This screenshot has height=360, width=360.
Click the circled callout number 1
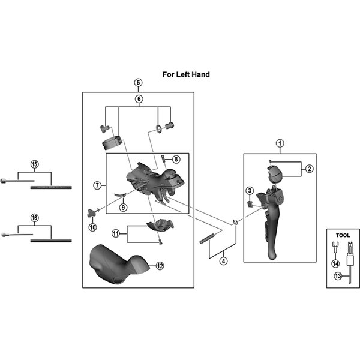click(x=279, y=143)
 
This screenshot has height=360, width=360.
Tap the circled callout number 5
click(x=138, y=82)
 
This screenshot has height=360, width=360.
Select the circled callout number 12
click(x=160, y=265)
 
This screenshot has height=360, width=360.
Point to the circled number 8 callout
click(x=176, y=159)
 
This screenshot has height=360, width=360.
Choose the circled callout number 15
click(x=34, y=164)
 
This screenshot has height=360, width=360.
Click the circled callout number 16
click(x=34, y=218)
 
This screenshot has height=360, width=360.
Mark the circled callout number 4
click(x=223, y=260)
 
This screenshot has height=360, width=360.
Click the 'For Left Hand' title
click(x=186, y=75)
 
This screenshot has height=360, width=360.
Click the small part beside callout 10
click(x=91, y=212)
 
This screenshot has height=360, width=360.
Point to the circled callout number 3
click(x=248, y=191)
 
